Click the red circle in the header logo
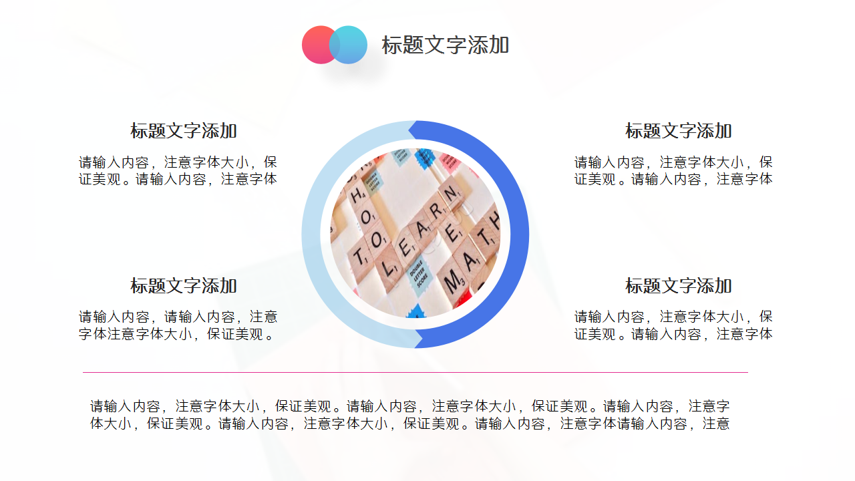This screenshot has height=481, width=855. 317,45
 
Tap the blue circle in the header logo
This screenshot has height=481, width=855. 351,45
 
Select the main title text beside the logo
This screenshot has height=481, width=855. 445,45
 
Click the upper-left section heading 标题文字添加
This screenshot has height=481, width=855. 184,131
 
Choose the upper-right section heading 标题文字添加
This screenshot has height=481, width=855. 678,131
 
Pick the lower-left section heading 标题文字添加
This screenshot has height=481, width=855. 184,286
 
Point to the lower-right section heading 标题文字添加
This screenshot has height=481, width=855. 678,286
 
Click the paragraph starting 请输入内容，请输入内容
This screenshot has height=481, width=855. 178,325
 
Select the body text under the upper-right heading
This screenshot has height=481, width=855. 673,170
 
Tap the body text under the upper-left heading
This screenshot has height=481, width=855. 178,170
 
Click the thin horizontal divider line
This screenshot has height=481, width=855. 415,372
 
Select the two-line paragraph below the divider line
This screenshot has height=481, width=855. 409,414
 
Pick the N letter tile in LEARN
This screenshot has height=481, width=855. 452,194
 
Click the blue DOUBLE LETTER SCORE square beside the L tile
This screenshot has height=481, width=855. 419,273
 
